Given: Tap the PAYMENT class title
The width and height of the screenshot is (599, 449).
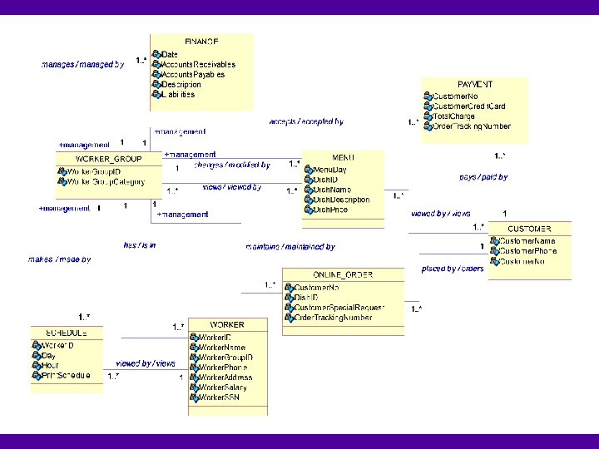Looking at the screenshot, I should [475, 85].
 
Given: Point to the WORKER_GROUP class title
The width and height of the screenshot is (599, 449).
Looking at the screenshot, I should [108, 159].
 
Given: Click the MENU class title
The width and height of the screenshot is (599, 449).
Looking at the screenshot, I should [343, 157].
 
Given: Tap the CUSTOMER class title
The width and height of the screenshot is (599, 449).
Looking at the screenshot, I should [529, 229].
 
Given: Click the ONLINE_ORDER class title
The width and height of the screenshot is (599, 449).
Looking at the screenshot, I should [343, 275].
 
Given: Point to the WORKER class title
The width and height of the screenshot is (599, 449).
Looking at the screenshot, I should [227, 324].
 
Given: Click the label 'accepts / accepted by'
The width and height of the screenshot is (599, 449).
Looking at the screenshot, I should [306, 121].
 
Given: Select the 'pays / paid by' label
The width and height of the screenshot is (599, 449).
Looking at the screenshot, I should [483, 177].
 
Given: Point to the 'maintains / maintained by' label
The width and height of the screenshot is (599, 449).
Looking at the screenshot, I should [290, 247].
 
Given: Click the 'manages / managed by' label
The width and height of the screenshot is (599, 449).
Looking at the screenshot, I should [82, 63].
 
